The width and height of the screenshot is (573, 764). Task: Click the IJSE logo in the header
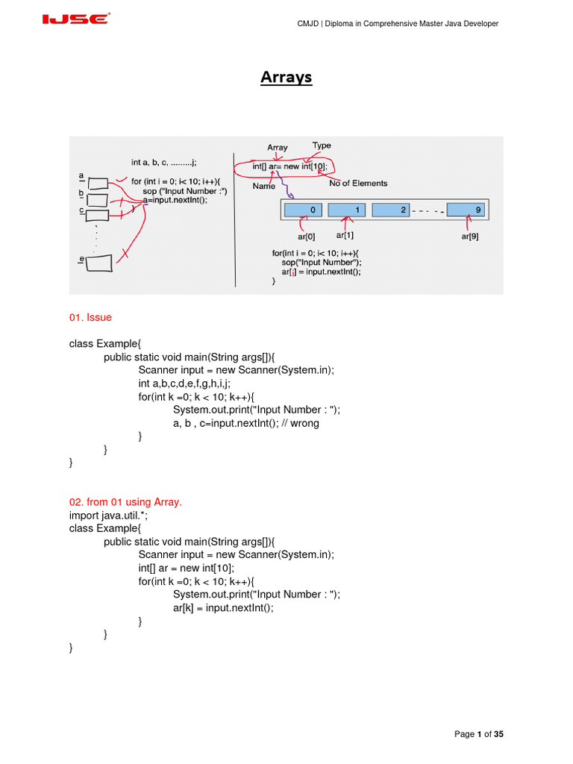tap(75, 19)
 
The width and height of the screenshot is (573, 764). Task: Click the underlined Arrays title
tap(286, 78)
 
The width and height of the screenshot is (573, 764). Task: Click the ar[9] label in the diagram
tap(469, 237)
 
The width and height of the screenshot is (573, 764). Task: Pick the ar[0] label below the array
tap(307, 237)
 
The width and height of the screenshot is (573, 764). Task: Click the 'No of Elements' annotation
tap(358, 183)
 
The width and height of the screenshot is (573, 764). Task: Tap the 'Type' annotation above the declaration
tap(322, 145)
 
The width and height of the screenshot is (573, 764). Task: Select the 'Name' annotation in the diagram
tap(263, 186)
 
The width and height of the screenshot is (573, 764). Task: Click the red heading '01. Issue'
tap(90, 317)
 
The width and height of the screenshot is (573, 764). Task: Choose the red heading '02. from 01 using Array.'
tap(125, 502)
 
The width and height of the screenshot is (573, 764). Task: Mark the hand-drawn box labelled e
tap(99, 263)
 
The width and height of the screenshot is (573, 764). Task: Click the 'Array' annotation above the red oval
tap(278, 148)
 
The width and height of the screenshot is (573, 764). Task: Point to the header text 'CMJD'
tap(309, 24)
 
